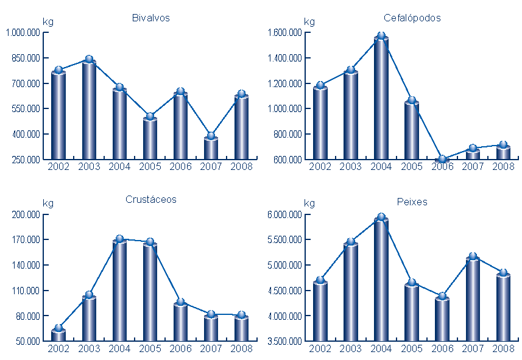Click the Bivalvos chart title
pyautogui.click(x=150, y=18)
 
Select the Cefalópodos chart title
pyautogui.click(x=412, y=18)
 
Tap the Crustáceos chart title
pyautogui.click(x=150, y=199)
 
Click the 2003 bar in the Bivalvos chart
pyautogui.click(x=89, y=110)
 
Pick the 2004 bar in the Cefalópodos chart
pyautogui.click(x=381, y=97)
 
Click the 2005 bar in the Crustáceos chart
pyautogui.click(x=150, y=292)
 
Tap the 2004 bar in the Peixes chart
pyautogui.click(x=381, y=280)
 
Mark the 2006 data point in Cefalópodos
pyautogui.click(x=442, y=160)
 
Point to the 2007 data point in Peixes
pyautogui.click(x=473, y=256)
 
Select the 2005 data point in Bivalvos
pyautogui.click(x=150, y=116)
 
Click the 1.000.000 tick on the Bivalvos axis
pyautogui.click(x=23, y=33)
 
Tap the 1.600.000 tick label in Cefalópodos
pyautogui.click(x=284, y=33)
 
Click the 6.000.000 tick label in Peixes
pyautogui.click(x=284, y=214)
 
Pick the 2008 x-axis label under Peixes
pyautogui.click(x=503, y=348)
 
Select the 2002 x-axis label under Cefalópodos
pyautogui.click(x=320, y=166)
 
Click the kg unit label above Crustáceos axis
pyautogui.click(x=48, y=203)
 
